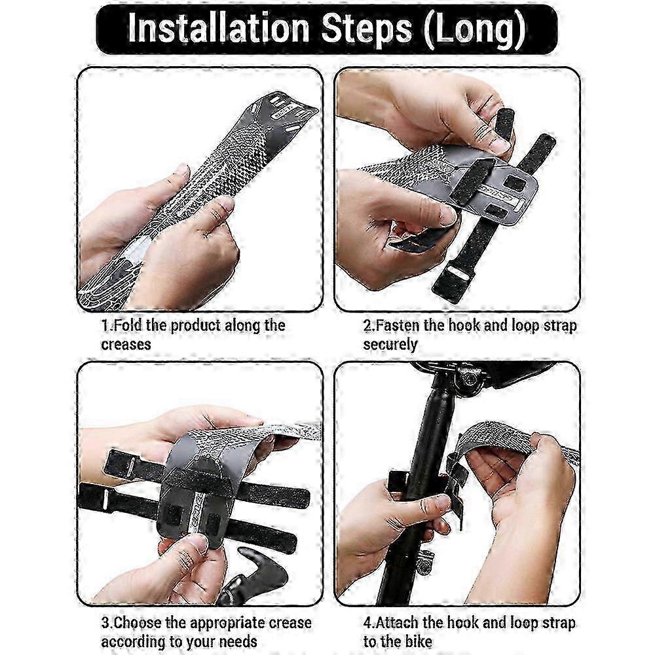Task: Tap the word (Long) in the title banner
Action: click(474, 29)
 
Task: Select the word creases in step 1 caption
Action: click(126, 345)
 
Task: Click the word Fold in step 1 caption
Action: click(128, 325)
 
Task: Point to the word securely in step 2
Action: click(390, 345)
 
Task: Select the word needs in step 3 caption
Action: click(238, 642)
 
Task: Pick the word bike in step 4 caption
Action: click(418, 642)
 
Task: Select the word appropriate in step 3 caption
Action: click(227, 624)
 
